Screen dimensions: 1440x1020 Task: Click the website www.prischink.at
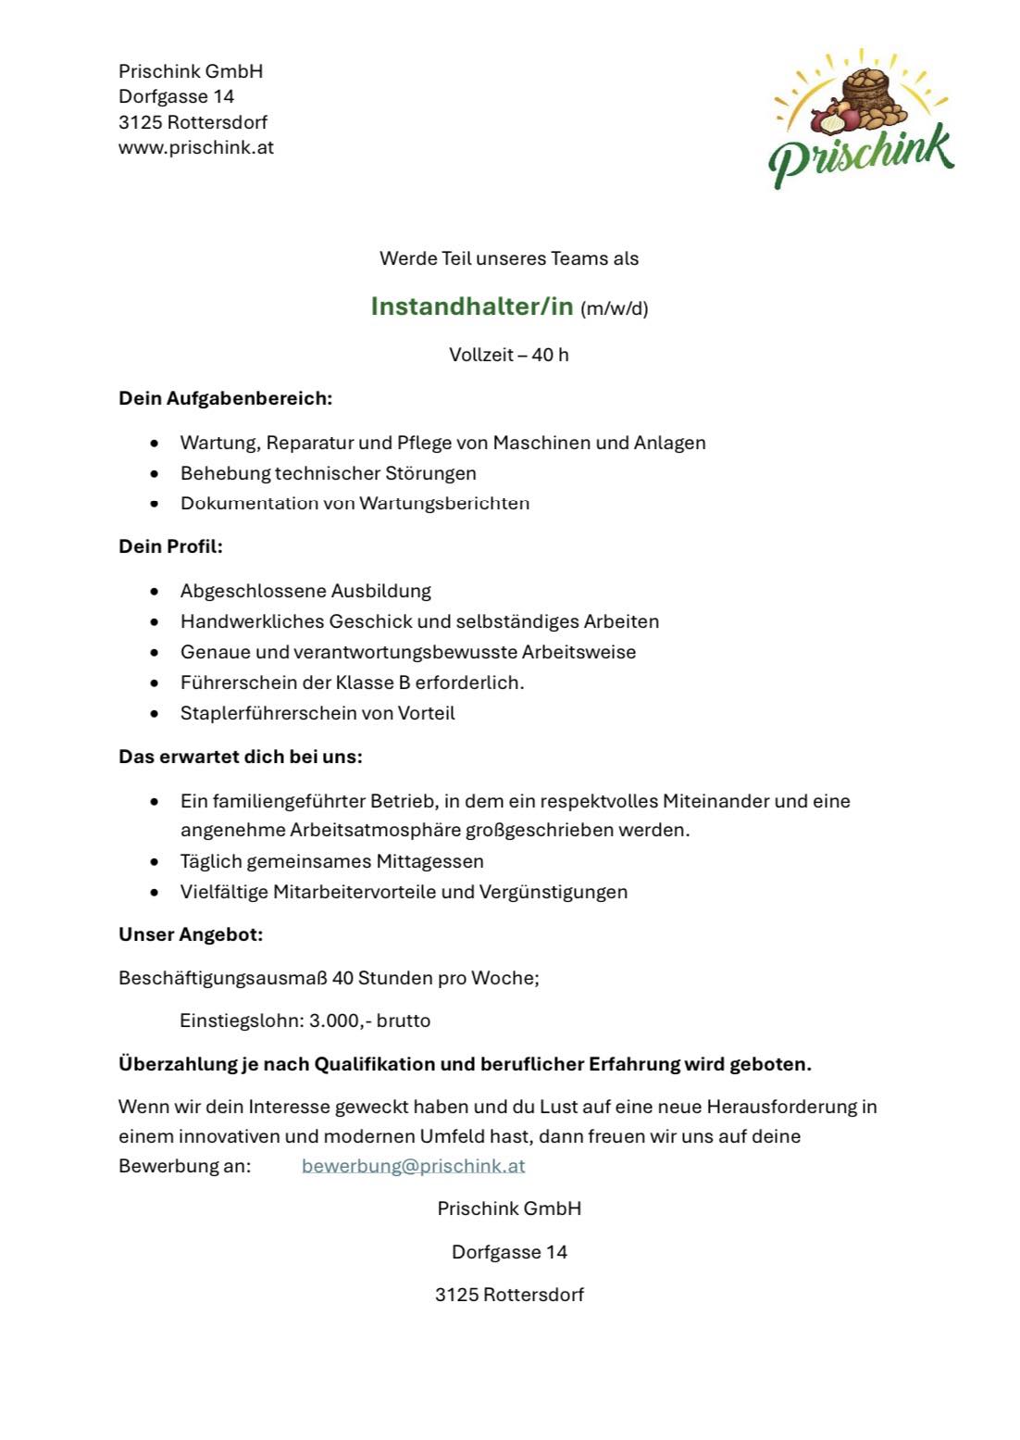coord(196,147)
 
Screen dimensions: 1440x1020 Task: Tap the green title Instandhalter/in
coord(472,306)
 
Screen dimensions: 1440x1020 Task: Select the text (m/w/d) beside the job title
coord(614,308)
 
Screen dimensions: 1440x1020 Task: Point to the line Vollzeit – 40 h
coord(508,355)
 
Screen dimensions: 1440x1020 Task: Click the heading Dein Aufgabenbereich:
coord(225,399)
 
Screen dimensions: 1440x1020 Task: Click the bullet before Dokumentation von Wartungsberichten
coord(155,505)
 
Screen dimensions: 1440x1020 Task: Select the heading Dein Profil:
coord(170,546)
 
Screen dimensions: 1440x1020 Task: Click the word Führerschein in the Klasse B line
coord(226,682)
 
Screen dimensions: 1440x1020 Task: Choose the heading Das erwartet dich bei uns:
coord(241,757)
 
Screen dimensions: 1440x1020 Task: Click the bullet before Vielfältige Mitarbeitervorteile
coord(155,893)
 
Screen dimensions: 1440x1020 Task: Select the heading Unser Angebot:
coord(191,934)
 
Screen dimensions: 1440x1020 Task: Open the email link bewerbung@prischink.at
coord(413,1166)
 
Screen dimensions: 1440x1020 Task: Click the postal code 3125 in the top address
coord(140,122)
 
